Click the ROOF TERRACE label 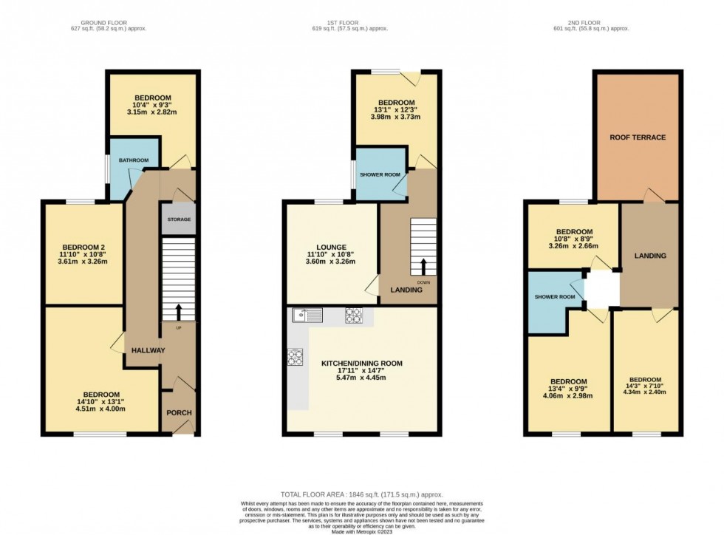point(638,137)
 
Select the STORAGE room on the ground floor point(178,220)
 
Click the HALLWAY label point(148,350)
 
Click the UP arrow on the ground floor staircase point(178,311)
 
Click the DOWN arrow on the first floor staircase point(424,267)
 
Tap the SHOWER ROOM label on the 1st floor point(380,174)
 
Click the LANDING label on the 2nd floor point(649,256)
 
